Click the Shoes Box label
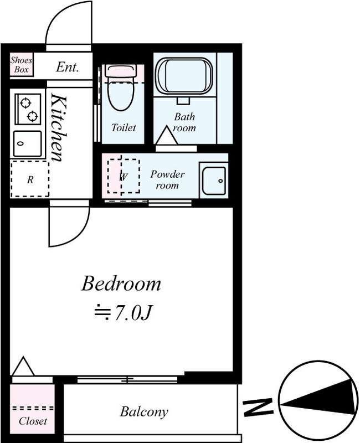click(x=21, y=64)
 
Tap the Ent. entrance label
click(x=67, y=67)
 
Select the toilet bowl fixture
click(x=121, y=87)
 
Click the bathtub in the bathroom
click(x=184, y=76)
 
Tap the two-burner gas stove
click(x=28, y=109)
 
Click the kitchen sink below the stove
click(x=28, y=143)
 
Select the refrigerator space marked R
click(x=30, y=179)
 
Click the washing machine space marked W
click(x=123, y=176)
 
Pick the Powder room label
click(x=167, y=179)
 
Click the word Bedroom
click(x=121, y=284)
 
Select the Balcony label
click(x=144, y=412)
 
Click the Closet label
click(x=33, y=421)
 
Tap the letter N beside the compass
click(x=258, y=407)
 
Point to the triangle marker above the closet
click(x=23, y=367)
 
